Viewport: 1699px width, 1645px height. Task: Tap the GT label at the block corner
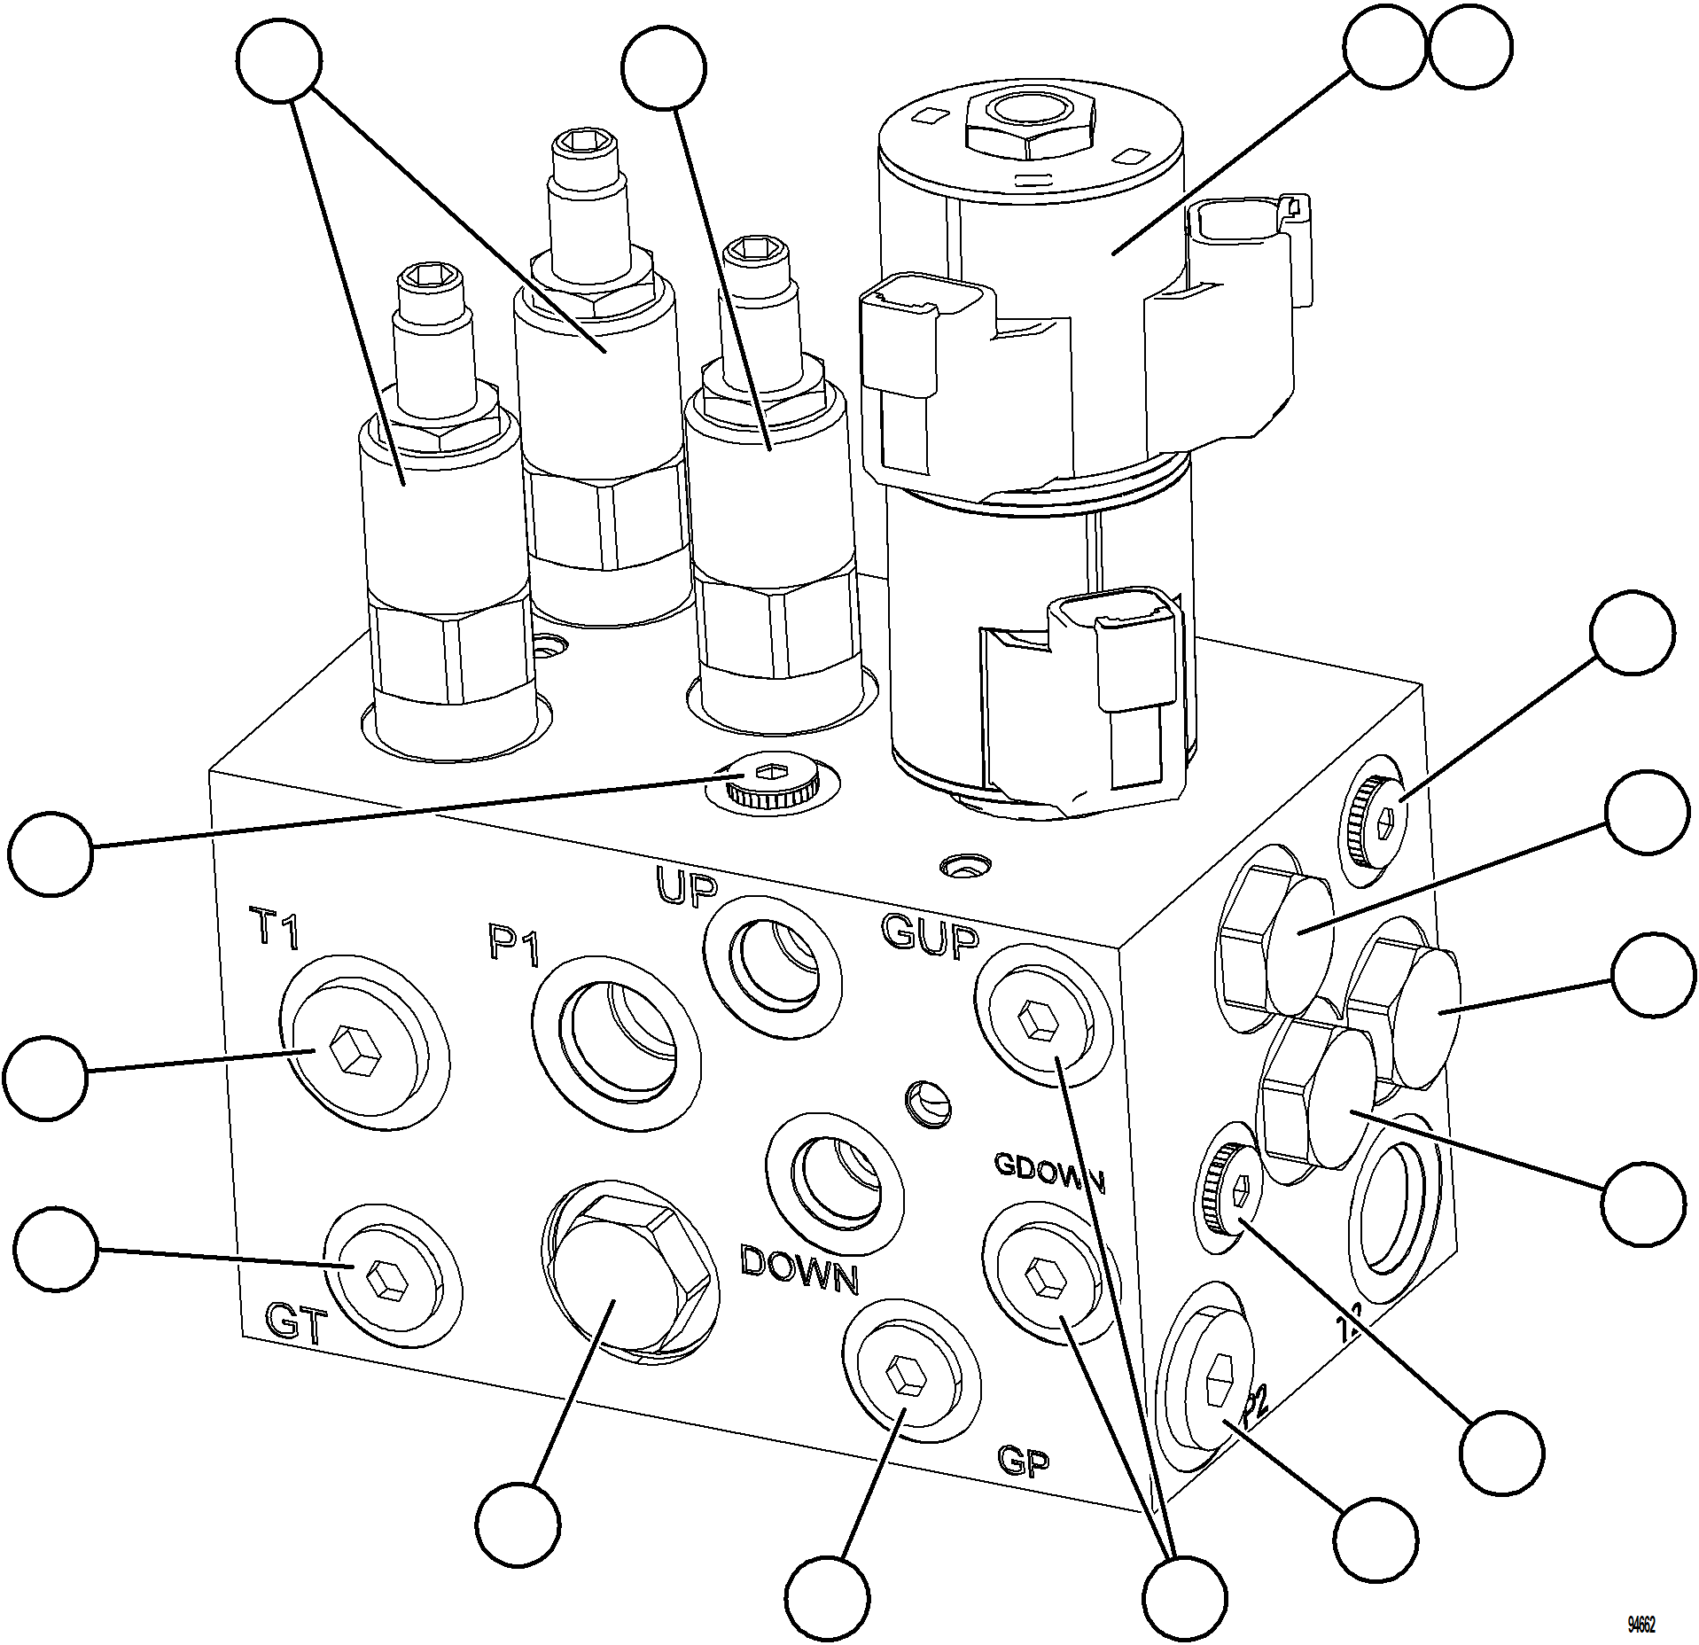click(297, 1326)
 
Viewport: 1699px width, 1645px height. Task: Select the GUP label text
click(930, 938)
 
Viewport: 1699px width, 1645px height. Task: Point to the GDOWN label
click(1049, 1171)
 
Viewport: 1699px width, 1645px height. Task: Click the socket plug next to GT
click(387, 1281)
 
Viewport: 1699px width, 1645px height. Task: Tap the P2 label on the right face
click(1255, 1410)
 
